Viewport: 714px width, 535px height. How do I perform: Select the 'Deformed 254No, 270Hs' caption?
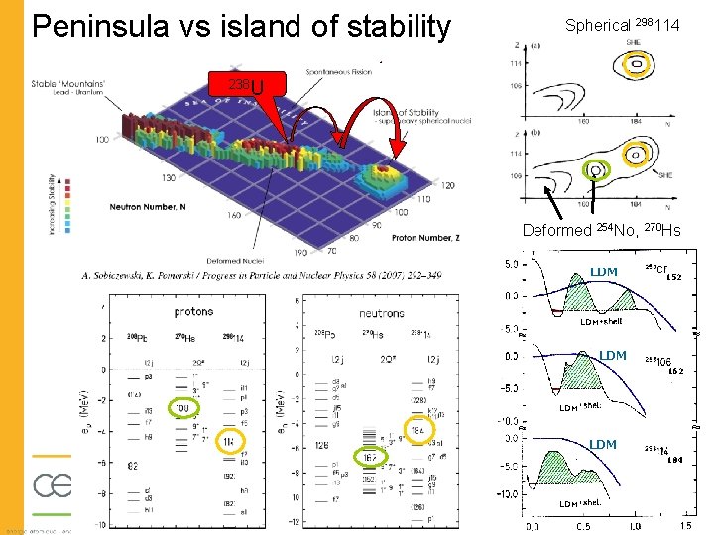coord(601,231)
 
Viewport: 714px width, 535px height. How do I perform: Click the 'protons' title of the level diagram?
coord(192,311)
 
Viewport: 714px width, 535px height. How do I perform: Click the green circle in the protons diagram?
coord(182,407)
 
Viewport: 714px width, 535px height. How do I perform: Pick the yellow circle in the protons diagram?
coord(230,441)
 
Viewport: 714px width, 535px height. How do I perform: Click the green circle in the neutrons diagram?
coord(368,459)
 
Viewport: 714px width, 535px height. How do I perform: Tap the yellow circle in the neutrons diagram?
coord(418,431)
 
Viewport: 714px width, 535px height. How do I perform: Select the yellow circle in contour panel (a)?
coord(633,65)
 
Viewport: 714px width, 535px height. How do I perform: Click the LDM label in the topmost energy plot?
coord(603,271)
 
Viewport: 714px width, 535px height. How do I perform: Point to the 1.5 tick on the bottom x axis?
coord(683,526)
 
